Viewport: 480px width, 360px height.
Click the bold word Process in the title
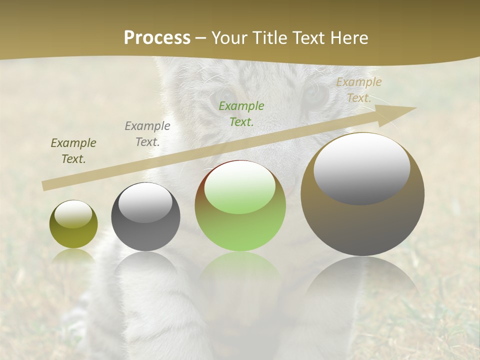pos(157,38)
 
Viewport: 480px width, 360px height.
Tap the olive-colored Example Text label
pos(73,151)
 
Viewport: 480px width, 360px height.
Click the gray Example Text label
pos(147,133)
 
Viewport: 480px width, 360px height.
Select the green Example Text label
pos(241,113)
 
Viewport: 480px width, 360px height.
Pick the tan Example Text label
pos(358,90)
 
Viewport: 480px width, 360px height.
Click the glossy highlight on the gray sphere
pos(145,202)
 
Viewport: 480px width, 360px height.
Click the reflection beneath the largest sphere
pos(362,280)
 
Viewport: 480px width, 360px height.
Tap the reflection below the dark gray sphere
pos(145,267)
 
